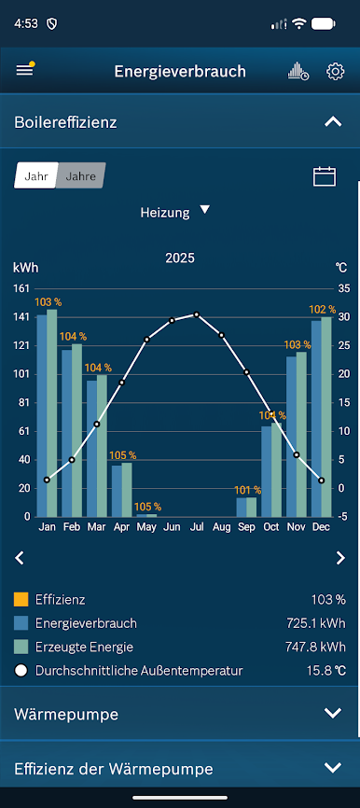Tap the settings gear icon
[x=335, y=72]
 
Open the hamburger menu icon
[x=25, y=71]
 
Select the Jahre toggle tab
[x=80, y=175]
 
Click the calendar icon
[x=325, y=176]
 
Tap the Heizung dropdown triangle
[x=205, y=210]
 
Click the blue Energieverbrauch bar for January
[x=42, y=415]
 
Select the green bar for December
[x=326, y=417]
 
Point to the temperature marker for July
[x=196, y=314]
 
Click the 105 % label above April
[x=122, y=455]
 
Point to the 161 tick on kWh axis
[x=21, y=288]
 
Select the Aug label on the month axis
[x=221, y=527]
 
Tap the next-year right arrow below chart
[x=340, y=558]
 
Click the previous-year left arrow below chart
[x=20, y=558]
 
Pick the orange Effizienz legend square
[x=21, y=599]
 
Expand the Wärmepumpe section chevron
[x=333, y=713]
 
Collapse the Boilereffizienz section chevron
[x=333, y=122]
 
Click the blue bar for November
[x=292, y=437]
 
